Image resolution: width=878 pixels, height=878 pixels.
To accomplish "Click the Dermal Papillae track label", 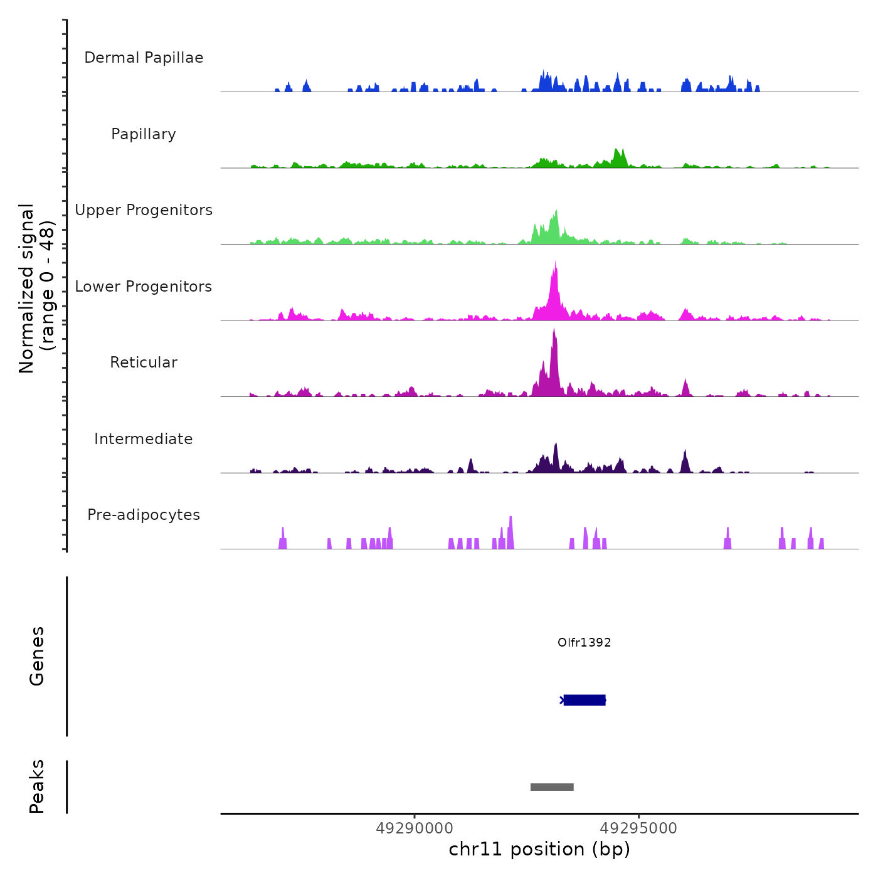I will (x=144, y=58).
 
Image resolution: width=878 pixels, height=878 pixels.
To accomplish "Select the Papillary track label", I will (x=144, y=134).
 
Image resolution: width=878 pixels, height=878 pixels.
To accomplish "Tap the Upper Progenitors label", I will (x=144, y=210).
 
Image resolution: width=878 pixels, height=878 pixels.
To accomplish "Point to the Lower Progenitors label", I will (x=144, y=287).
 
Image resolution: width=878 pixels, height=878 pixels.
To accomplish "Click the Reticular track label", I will (x=144, y=362).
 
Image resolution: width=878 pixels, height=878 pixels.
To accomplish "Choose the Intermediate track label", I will (x=144, y=439).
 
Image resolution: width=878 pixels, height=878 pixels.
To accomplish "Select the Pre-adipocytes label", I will (x=144, y=515).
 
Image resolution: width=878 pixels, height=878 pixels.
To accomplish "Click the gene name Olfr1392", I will (x=584, y=642).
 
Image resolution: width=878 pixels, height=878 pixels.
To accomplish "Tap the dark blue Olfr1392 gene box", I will (x=584, y=700).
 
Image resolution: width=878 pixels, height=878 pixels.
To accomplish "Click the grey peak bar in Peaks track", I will (x=552, y=787).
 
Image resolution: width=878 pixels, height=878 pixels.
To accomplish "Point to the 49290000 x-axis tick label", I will (x=415, y=828).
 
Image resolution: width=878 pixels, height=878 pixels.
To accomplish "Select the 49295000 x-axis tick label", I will (x=638, y=828).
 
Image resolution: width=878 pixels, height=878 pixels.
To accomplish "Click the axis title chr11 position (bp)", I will (x=539, y=849).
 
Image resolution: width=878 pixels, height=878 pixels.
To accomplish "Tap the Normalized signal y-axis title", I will (x=36, y=288).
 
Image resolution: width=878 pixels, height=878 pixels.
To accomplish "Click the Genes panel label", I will (x=37, y=656).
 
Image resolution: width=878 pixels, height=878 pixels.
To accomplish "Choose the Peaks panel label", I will (x=37, y=786).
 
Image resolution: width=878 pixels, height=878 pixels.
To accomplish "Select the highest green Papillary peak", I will (x=617, y=151).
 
